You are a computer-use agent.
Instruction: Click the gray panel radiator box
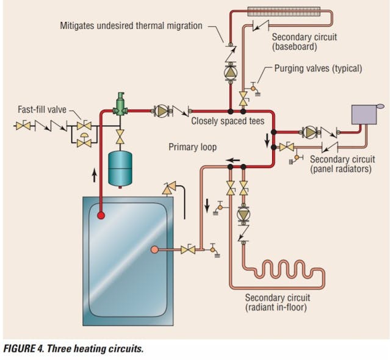click(x=366, y=113)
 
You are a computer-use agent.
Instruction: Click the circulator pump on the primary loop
click(x=162, y=111)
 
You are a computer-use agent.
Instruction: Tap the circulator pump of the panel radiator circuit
click(x=311, y=131)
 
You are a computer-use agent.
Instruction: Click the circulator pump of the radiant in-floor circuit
click(x=244, y=214)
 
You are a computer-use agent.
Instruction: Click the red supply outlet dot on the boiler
click(x=100, y=215)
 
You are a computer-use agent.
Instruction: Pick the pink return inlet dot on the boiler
click(x=154, y=249)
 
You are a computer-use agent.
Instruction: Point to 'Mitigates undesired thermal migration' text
click(x=131, y=26)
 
